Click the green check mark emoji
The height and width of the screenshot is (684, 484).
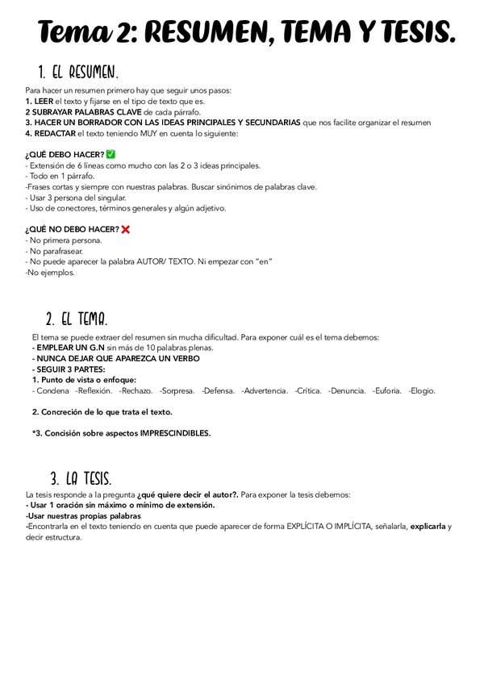111,154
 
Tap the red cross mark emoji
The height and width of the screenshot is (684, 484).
125,229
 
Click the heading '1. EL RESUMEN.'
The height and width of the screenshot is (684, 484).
78,73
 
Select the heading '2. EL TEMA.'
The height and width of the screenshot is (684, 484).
77,318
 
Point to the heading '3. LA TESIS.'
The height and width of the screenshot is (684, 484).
80,477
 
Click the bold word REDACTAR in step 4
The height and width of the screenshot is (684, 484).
54,132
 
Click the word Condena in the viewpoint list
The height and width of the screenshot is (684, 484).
52,390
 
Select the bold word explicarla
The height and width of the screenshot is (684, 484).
428,526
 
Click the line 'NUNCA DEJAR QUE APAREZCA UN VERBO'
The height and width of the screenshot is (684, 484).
115,358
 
